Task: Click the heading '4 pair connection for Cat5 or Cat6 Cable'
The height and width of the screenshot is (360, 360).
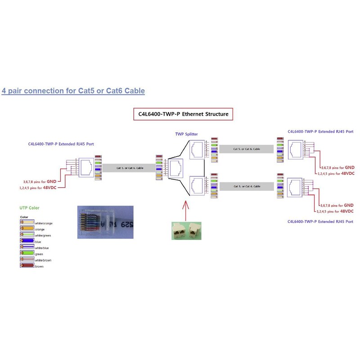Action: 73,91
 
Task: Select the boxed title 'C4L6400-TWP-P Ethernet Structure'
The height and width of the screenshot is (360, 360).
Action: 184,114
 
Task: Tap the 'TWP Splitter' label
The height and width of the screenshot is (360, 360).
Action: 186,134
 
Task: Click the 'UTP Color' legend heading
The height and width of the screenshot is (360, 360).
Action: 30,208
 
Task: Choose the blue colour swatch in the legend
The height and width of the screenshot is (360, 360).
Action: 27,242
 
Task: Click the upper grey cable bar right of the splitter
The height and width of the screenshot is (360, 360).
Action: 246,148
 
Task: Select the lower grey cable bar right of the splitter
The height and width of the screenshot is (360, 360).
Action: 246,186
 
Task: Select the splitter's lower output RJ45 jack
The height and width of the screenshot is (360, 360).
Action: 197,185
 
